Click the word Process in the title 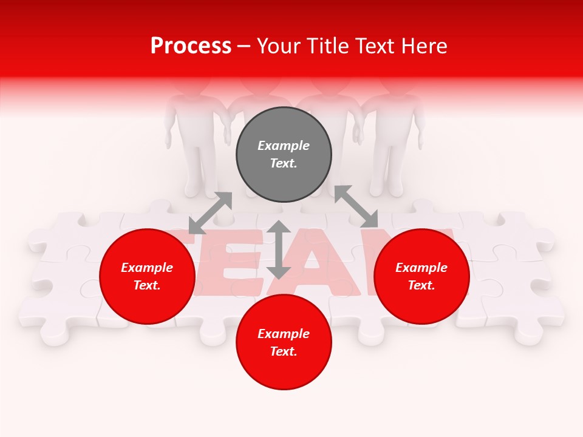(x=191, y=46)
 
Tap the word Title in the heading (x=332, y=46)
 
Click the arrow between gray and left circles (x=210, y=213)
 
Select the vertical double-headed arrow (x=279, y=249)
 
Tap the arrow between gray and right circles (x=356, y=207)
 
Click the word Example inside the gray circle (x=284, y=146)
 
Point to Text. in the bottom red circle (x=284, y=351)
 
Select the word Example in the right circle (x=421, y=268)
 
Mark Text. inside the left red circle (x=147, y=285)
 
